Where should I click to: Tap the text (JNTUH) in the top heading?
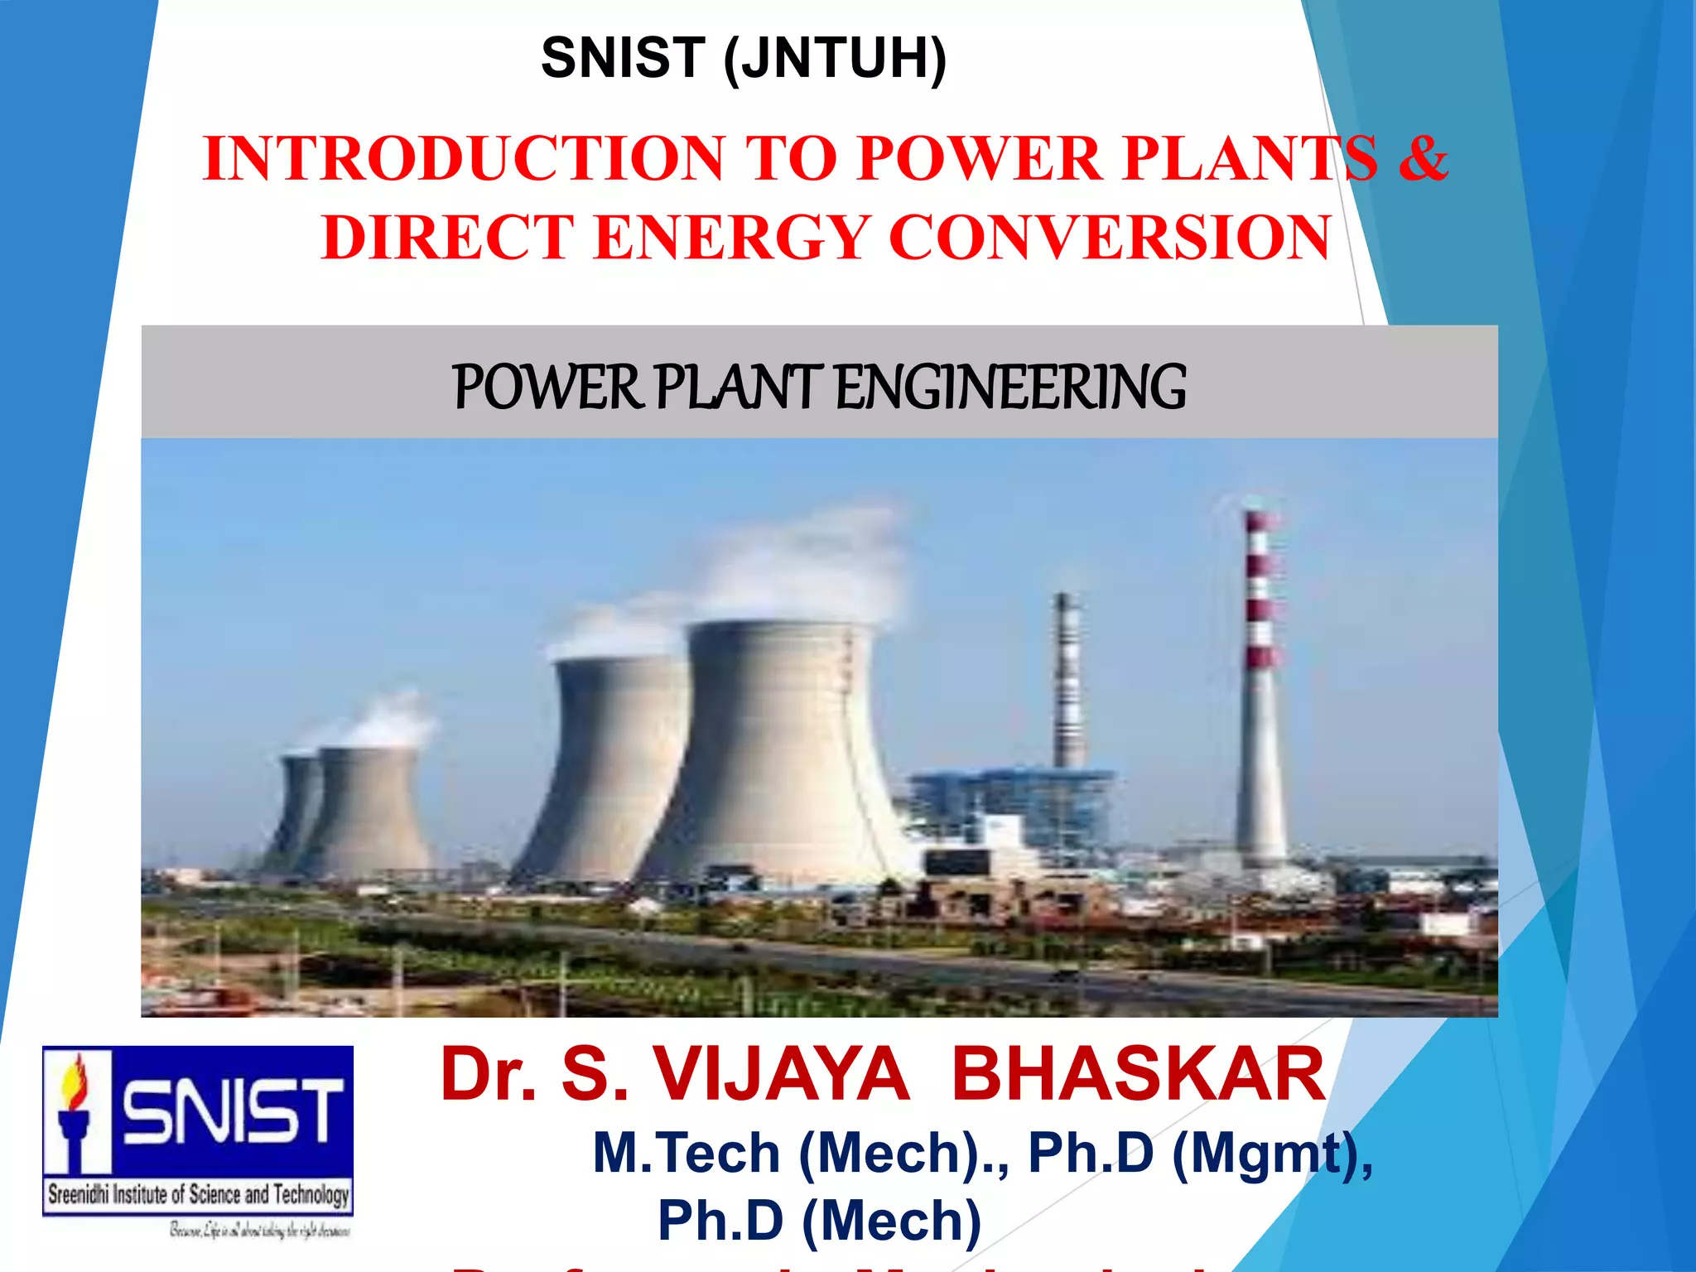835,60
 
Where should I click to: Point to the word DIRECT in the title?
448,238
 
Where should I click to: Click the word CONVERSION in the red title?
1110,238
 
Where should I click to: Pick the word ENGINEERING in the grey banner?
1010,387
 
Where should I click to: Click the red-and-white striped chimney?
1260,687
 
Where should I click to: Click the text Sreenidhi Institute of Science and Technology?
199,1194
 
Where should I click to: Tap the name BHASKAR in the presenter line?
1139,1074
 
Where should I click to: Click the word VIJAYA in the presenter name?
783,1074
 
